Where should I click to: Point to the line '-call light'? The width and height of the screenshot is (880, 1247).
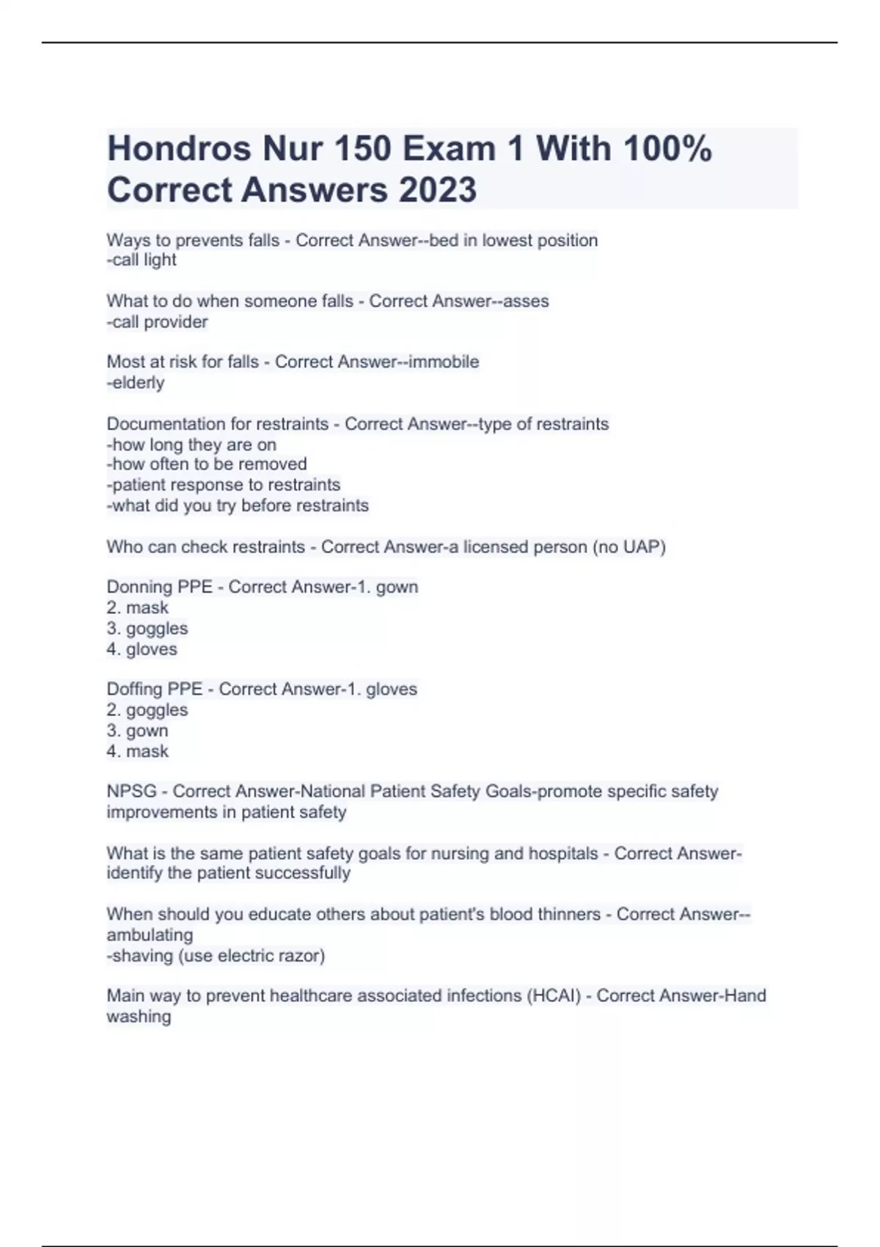(142, 260)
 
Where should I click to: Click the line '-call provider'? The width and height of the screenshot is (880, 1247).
(157, 321)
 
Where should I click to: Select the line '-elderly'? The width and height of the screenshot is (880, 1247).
(136, 382)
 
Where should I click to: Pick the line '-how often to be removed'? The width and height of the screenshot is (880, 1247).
(207, 464)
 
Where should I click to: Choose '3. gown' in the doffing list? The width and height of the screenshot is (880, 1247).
(137, 731)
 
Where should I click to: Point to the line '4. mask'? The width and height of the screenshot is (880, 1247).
(137, 751)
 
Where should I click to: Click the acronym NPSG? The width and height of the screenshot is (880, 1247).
(131, 791)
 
